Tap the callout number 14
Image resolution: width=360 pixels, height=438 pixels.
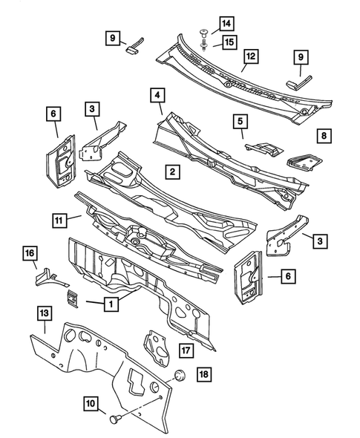point(226,24)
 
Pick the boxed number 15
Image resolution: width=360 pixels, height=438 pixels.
point(230,42)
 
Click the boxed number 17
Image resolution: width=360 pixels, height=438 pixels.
point(185,350)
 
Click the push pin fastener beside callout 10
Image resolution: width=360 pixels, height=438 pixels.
point(115,419)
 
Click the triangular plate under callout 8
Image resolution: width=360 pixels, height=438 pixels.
point(302,158)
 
